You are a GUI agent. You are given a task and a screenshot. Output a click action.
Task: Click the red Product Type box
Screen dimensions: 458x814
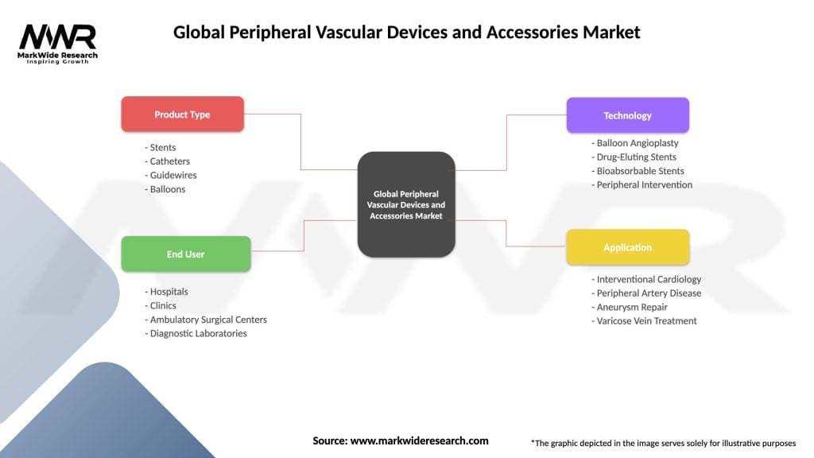click(x=182, y=114)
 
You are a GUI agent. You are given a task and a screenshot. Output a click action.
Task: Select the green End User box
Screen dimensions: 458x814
click(x=185, y=254)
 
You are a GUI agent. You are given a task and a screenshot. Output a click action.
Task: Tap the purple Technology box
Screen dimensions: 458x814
click(x=627, y=115)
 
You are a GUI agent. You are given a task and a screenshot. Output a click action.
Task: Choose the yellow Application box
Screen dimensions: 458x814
click(x=627, y=247)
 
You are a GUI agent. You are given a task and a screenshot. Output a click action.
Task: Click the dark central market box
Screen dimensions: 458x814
click(x=406, y=204)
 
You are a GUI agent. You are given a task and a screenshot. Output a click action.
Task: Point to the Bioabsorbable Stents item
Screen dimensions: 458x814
click(x=638, y=171)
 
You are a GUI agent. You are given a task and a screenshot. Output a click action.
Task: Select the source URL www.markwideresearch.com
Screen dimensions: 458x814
click(x=420, y=441)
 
